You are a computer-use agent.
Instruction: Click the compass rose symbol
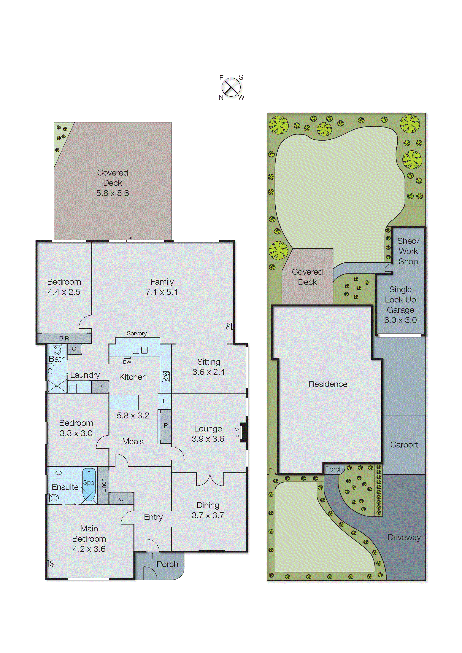231,87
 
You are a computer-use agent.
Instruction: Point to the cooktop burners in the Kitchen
166,377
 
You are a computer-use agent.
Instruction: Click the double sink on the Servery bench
140,350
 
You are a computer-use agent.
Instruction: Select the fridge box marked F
164,401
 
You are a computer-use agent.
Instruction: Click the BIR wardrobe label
64,338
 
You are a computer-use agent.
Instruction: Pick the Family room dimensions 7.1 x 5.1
162,292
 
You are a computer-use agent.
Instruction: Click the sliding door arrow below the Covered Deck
136,238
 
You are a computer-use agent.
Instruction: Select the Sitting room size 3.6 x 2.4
209,372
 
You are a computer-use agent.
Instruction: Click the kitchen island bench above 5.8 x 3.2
124,402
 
